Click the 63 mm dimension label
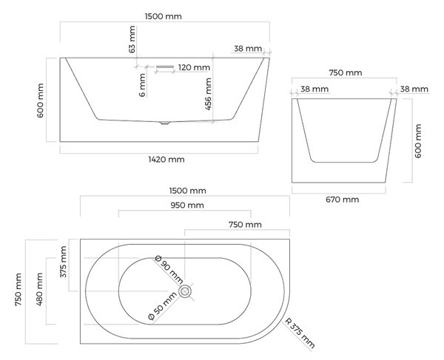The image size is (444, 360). point(132,39)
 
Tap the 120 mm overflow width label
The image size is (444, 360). point(194,67)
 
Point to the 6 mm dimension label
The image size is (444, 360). point(142,85)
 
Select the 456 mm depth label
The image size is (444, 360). point(208,94)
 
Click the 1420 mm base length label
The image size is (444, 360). point(166,160)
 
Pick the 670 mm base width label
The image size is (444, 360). point(343,200)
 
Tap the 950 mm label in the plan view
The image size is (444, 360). point(187,206)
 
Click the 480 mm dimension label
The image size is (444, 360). point(39,289)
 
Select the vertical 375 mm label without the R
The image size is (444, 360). point(63,262)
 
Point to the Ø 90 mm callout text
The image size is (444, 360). point(169,270)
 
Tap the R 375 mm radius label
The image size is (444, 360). point(300,333)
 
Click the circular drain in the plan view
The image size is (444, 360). point(185,291)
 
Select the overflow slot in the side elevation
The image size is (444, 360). point(165,67)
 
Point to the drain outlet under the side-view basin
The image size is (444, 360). point(164,123)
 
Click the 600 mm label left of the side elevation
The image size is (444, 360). point(40,101)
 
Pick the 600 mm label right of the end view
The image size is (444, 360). point(418,141)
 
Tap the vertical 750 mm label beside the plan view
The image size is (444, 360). point(18,289)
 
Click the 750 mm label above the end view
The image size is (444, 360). point(346,73)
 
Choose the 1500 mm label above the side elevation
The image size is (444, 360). point(164,16)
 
